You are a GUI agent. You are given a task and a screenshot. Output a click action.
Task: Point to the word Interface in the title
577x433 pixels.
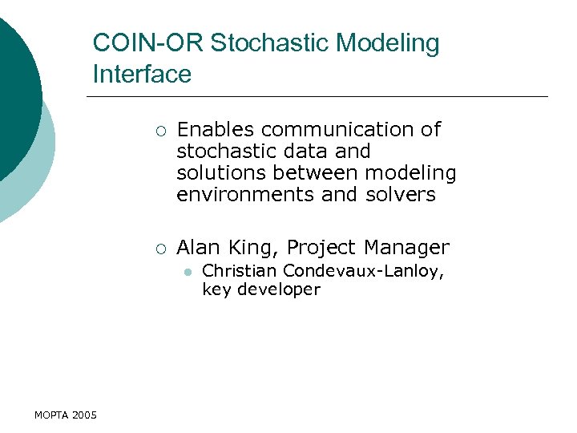click(142, 75)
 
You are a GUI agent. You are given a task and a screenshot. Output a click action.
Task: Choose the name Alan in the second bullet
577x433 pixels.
click(200, 247)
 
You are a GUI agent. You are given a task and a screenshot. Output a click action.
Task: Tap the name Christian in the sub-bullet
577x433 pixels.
click(239, 272)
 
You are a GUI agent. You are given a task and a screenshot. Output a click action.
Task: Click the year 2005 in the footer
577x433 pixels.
click(84, 415)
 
